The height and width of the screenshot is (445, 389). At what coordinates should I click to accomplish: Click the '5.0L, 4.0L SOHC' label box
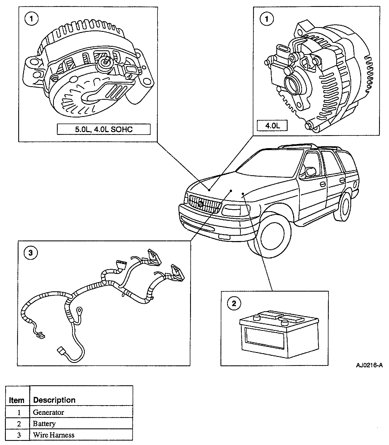tap(104, 129)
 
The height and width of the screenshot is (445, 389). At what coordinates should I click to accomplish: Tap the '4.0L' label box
tap(272, 126)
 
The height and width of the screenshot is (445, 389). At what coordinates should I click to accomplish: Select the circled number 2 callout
tap(234, 304)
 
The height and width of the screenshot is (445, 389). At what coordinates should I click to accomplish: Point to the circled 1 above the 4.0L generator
tap(267, 19)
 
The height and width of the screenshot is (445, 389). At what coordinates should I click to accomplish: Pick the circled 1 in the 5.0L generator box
tap(32, 19)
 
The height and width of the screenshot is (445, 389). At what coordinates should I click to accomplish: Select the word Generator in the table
tap(48, 412)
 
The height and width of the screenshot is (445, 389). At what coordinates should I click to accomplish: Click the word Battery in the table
tap(44, 423)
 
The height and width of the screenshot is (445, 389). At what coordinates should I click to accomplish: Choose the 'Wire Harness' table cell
tap(54, 435)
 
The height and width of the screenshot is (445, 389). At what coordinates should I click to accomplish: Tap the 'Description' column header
tap(54, 400)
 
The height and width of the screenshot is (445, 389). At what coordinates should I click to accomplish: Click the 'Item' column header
tap(17, 400)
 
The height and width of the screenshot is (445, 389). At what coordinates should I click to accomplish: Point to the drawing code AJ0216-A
tap(369, 365)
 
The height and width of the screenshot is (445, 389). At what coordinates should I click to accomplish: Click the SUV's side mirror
tap(311, 171)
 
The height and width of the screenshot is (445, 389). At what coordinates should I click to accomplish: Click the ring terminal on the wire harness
tap(80, 310)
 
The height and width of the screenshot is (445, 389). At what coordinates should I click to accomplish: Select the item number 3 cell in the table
tap(19, 435)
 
